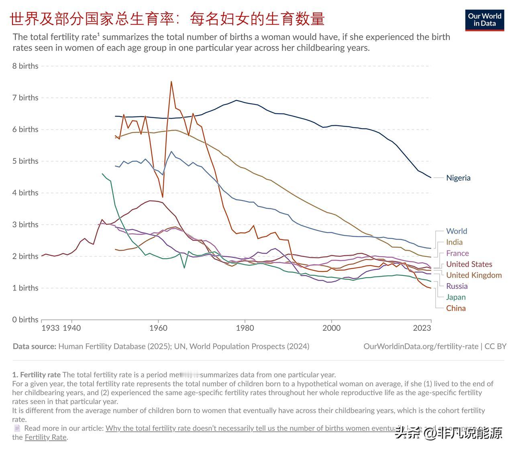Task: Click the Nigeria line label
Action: pyautogui.click(x=458, y=178)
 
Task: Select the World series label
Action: pyautogui.click(x=457, y=231)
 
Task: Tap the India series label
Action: pyautogui.click(x=454, y=242)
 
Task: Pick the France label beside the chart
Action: pyautogui.click(x=457, y=253)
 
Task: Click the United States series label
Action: pyautogui.click(x=469, y=264)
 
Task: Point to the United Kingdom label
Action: pyautogui.click(x=474, y=275)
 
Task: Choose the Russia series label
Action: pyautogui.click(x=457, y=286)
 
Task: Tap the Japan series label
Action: pyautogui.click(x=456, y=297)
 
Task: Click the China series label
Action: pyautogui.click(x=456, y=308)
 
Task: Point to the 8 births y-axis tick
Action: pyautogui.click(x=25, y=66)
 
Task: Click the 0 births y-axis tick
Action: pyautogui.click(x=25, y=320)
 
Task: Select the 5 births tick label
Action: pyautogui.click(x=25, y=161)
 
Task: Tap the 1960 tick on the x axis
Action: pyautogui.click(x=158, y=328)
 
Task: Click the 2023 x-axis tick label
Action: pyautogui.click(x=422, y=328)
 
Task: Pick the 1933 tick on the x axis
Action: pyautogui.click(x=50, y=328)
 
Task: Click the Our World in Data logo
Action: pyautogui.click(x=485, y=20)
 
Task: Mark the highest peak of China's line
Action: pyautogui.click(x=171, y=82)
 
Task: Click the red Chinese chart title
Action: pyautogui.click(x=167, y=19)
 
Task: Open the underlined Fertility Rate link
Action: pyautogui.click(x=46, y=437)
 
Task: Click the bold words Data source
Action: pyautogui.click(x=35, y=346)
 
